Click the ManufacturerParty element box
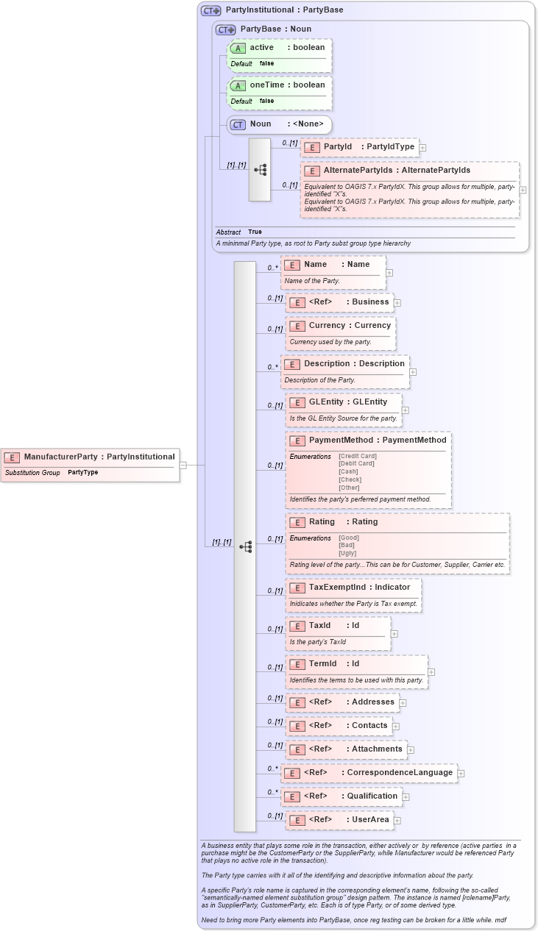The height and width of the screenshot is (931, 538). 91,457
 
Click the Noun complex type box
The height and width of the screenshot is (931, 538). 279,124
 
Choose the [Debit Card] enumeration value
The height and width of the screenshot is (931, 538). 356,463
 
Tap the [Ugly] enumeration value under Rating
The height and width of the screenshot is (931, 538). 347,553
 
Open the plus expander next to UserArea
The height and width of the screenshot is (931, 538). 397,820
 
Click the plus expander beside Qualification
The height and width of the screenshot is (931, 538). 406,796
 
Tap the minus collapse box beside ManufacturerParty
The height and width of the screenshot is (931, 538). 183,465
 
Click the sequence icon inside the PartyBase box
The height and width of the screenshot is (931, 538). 260,170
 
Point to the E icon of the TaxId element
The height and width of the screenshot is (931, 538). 297,626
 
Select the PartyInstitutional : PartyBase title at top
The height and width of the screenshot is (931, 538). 284,10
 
